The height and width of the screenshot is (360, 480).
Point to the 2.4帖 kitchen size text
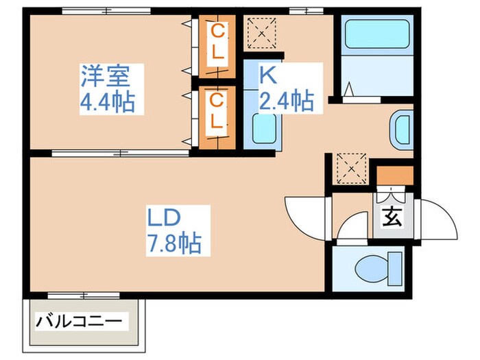(287, 101)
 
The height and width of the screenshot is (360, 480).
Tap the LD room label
(164, 217)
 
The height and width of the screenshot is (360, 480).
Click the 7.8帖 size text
(174, 243)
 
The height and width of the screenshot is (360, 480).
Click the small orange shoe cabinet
(395, 176)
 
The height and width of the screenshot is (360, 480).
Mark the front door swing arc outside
(439, 217)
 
